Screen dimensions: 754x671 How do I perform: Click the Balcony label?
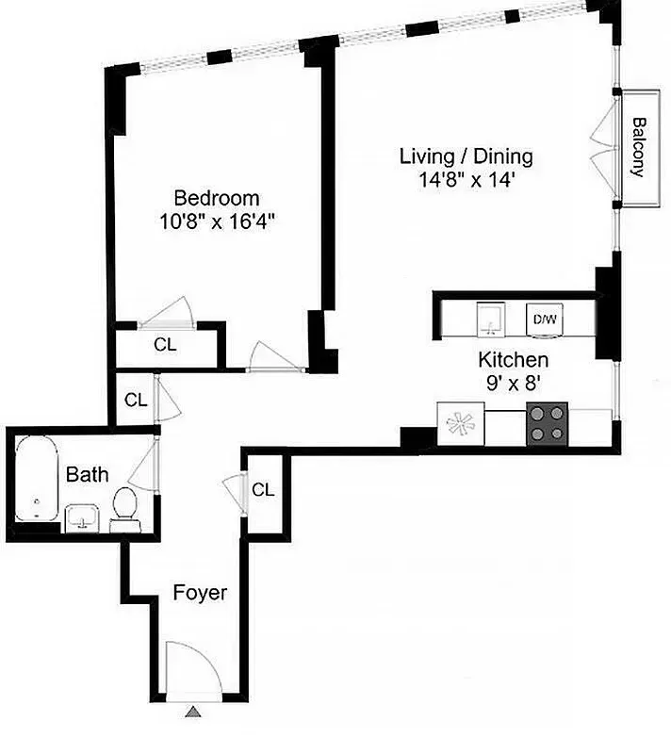pyautogui.click(x=638, y=147)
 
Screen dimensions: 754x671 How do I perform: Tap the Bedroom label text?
pyautogui.click(x=217, y=198)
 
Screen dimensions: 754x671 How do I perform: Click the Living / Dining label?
pyautogui.click(x=466, y=156)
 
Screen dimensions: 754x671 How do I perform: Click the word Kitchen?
pyautogui.click(x=513, y=360)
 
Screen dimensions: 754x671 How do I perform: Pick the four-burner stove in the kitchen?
pyautogui.click(x=548, y=422)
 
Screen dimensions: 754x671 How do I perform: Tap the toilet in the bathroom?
pyautogui.click(x=123, y=507)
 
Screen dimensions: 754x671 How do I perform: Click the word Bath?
pyautogui.click(x=87, y=474)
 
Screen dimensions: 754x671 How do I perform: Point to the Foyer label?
pyautogui.click(x=200, y=593)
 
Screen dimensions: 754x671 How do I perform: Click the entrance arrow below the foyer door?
pyautogui.click(x=193, y=713)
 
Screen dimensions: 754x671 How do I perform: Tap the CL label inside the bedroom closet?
pyautogui.click(x=165, y=345)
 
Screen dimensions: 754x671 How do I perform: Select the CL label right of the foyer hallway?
pyautogui.click(x=263, y=490)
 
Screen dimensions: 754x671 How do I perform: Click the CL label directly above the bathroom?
pyautogui.click(x=136, y=400)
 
